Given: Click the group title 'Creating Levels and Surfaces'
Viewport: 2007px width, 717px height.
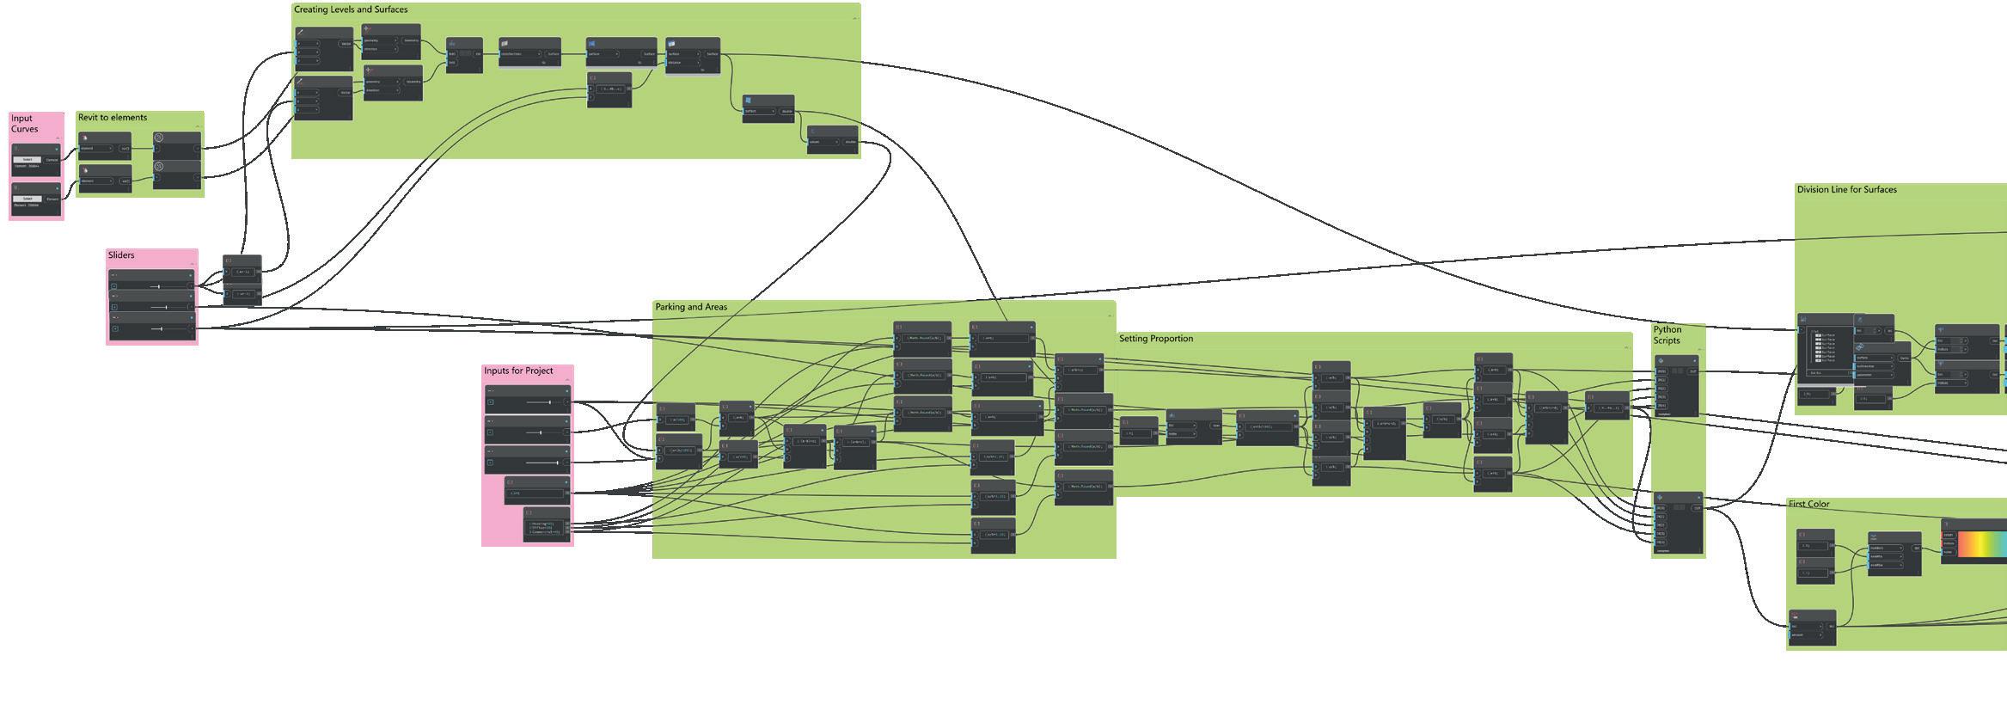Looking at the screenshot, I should click(x=351, y=9).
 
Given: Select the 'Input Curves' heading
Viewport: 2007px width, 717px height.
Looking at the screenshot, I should click(x=24, y=124).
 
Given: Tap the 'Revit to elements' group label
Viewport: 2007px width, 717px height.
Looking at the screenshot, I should click(x=113, y=118).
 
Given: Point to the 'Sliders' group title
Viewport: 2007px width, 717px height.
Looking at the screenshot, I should click(x=121, y=255).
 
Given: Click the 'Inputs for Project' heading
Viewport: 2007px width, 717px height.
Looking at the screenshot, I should click(x=518, y=371).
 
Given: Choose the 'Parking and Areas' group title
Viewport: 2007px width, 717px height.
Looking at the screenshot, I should click(x=691, y=307).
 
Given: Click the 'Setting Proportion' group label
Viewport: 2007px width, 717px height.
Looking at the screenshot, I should click(x=1156, y=339).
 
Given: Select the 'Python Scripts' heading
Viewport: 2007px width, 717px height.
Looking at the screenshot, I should click(x=1667, y=334).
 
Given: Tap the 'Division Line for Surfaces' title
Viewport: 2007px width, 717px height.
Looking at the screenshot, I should click(x=1846, y=190).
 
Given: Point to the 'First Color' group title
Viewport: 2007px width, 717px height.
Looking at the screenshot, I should click(x=1809, y=505).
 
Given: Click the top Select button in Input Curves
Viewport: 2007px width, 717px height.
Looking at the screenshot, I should click(x=28, y=159).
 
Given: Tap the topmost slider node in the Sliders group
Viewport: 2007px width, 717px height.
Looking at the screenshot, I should click(x=152, y=281).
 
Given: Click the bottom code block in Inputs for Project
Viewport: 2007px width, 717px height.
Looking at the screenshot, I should click(x=547, y=526).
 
